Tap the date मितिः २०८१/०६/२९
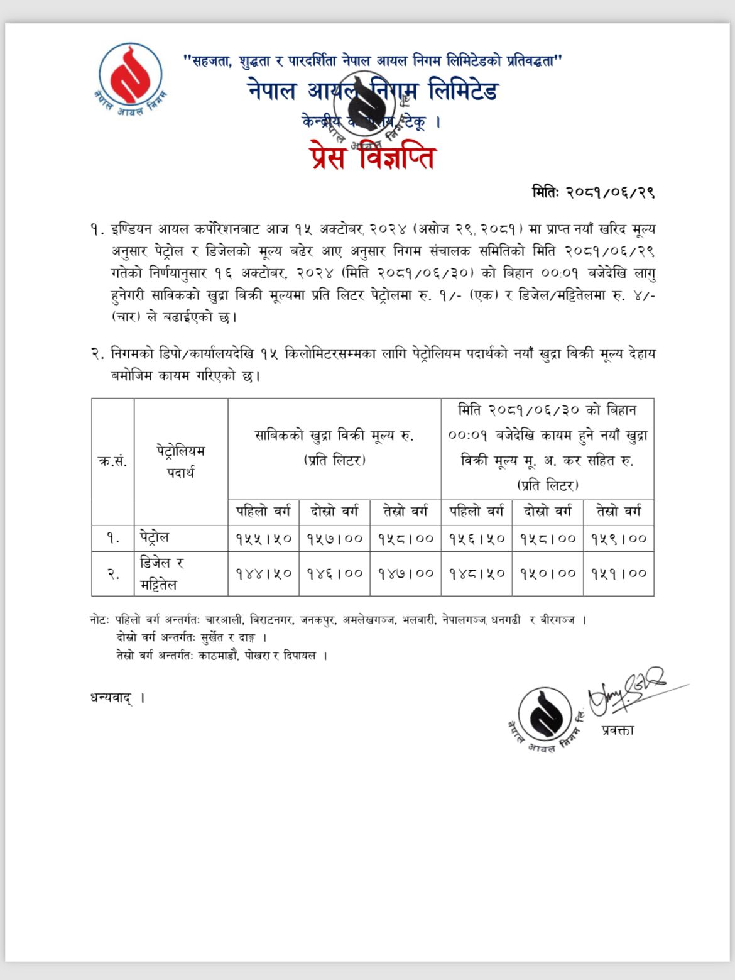tap(593, 192)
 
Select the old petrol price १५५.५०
tap(263, 539)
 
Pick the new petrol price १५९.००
tap(619, 539)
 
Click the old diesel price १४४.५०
tap(263, 573)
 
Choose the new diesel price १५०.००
tap(548, 573)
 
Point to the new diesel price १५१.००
tap(619, 573)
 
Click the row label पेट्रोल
tap(155, 537)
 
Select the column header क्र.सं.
tap(112, 461)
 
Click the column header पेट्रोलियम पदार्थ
tap(181, 461)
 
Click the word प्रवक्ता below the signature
tap(618, 730)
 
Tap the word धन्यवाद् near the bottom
tap(112, 697)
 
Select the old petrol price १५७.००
tap(334, 539)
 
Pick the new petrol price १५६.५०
tap(477, 539)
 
